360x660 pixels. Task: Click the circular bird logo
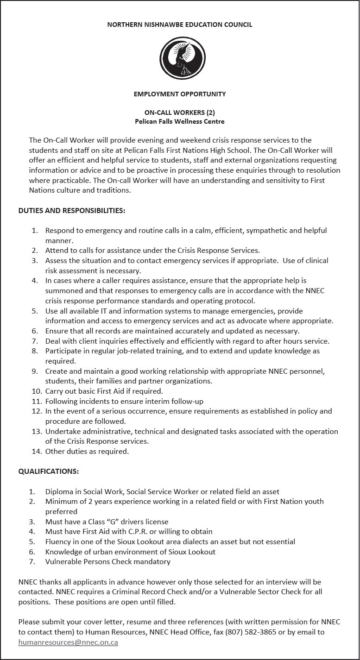click(x=182, y=58)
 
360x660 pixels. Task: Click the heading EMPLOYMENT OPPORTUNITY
click(x=180, y=94)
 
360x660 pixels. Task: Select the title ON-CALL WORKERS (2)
click(x=180, y=113)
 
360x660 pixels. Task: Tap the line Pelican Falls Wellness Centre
click(x=180, y=122)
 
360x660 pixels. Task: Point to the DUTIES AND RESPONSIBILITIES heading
click(x=72, y=211)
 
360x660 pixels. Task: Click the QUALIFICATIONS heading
click(x=49, y=471)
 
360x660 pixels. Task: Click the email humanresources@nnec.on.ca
click(x=68, y=642)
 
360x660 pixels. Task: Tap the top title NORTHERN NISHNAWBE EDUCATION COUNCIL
click(x=180, y=25)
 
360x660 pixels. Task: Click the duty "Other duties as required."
click(x=87, y=451)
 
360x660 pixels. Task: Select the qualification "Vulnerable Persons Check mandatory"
click(x=108, y=562)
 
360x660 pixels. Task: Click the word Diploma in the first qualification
click(x=59, y=491)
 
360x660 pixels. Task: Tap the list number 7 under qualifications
click(x=32, y=562)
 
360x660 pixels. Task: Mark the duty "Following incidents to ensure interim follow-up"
click(x=124, y=402)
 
